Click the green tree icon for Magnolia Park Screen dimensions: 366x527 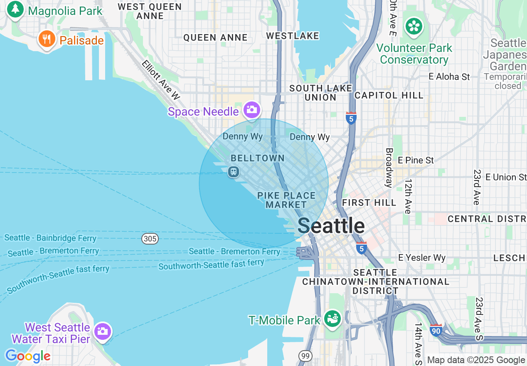(15, 9)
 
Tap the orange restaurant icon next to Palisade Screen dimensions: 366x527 (47, 40)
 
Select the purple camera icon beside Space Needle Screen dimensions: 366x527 (252, 110)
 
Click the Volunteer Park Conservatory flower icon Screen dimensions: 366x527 (414, 26)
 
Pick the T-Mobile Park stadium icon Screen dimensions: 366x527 (332, 319)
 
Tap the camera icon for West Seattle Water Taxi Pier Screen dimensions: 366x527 (102, 331)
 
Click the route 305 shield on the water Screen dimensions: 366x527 (150, 239)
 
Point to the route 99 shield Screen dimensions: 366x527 (305, 356)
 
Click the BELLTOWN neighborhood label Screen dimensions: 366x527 (258, 158)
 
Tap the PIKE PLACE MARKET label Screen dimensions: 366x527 (286, 200)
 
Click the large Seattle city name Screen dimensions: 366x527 (331, 226)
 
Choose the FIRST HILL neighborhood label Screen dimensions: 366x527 (369, 203)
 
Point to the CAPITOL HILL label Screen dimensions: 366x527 (389, 95)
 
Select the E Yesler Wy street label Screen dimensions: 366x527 (421, 257)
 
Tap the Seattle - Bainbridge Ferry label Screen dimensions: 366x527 (50, 238)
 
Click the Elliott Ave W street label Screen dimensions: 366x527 (161, 80)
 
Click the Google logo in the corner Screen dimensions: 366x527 (27, 356)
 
